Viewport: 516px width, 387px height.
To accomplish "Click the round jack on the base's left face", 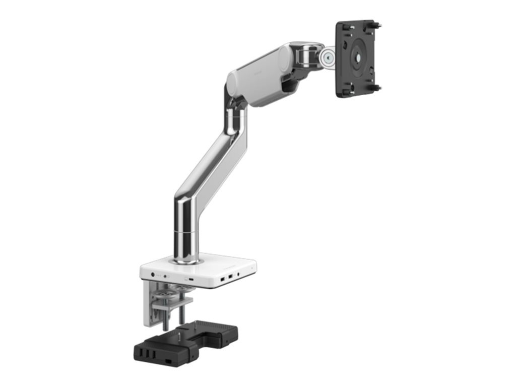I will pyautogui.click(x=153, y=275).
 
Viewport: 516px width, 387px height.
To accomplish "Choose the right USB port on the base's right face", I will pyautogui.click(x=230, y=277).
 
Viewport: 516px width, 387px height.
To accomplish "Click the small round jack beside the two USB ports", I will pyautogui.click(x=238, y=275).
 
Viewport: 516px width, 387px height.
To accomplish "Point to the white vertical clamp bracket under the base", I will pyautogui.click(x=149, y=302).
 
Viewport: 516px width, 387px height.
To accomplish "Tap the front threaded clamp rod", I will pyautogui.click(x=165, y=317).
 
